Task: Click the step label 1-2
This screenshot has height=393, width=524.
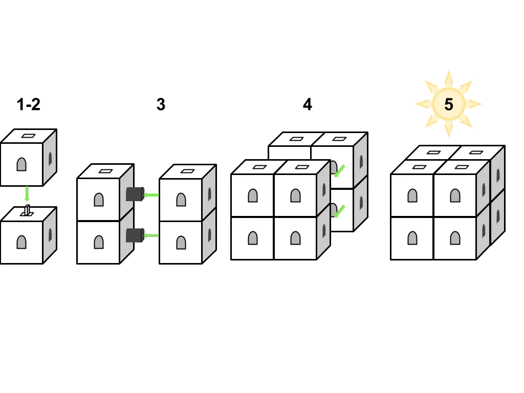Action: (x=29, y=104)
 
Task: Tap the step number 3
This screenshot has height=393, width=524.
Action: (x=161, y=104)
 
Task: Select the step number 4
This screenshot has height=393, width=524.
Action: (x=308, y=104)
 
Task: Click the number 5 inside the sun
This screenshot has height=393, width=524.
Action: (x=448, y=104)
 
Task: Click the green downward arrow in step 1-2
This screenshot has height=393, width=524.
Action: (x=27, y=194)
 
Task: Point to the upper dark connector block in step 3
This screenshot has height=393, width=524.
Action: (x=135, y=194)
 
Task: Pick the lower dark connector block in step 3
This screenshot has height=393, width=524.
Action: (x=135, y=235)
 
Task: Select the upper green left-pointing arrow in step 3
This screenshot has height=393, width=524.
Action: (x=151, y=195)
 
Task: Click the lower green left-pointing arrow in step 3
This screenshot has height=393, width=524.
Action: (x=151, y=235)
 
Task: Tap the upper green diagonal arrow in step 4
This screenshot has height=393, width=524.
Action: (x=340, y=171)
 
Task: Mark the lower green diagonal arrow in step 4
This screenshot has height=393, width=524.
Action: (x=340, y=211)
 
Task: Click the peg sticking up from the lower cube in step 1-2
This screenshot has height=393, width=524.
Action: (x=27, y=210)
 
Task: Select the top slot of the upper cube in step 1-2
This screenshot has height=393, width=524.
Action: (x=29, y=136)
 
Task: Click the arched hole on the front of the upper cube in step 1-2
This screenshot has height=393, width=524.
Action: (x=21, y=164)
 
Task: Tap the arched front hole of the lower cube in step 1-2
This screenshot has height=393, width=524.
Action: (x=21, y=242)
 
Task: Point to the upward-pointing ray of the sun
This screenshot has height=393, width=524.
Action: (x=448, y=79)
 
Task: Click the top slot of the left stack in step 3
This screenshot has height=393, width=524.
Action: (x=106, y=171)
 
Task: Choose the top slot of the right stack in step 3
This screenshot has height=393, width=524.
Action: (x=187, y=171)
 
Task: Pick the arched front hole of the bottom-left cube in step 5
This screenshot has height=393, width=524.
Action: (x=412, y=238)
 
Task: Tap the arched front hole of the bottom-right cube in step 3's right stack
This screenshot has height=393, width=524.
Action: (x=181, y=243)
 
